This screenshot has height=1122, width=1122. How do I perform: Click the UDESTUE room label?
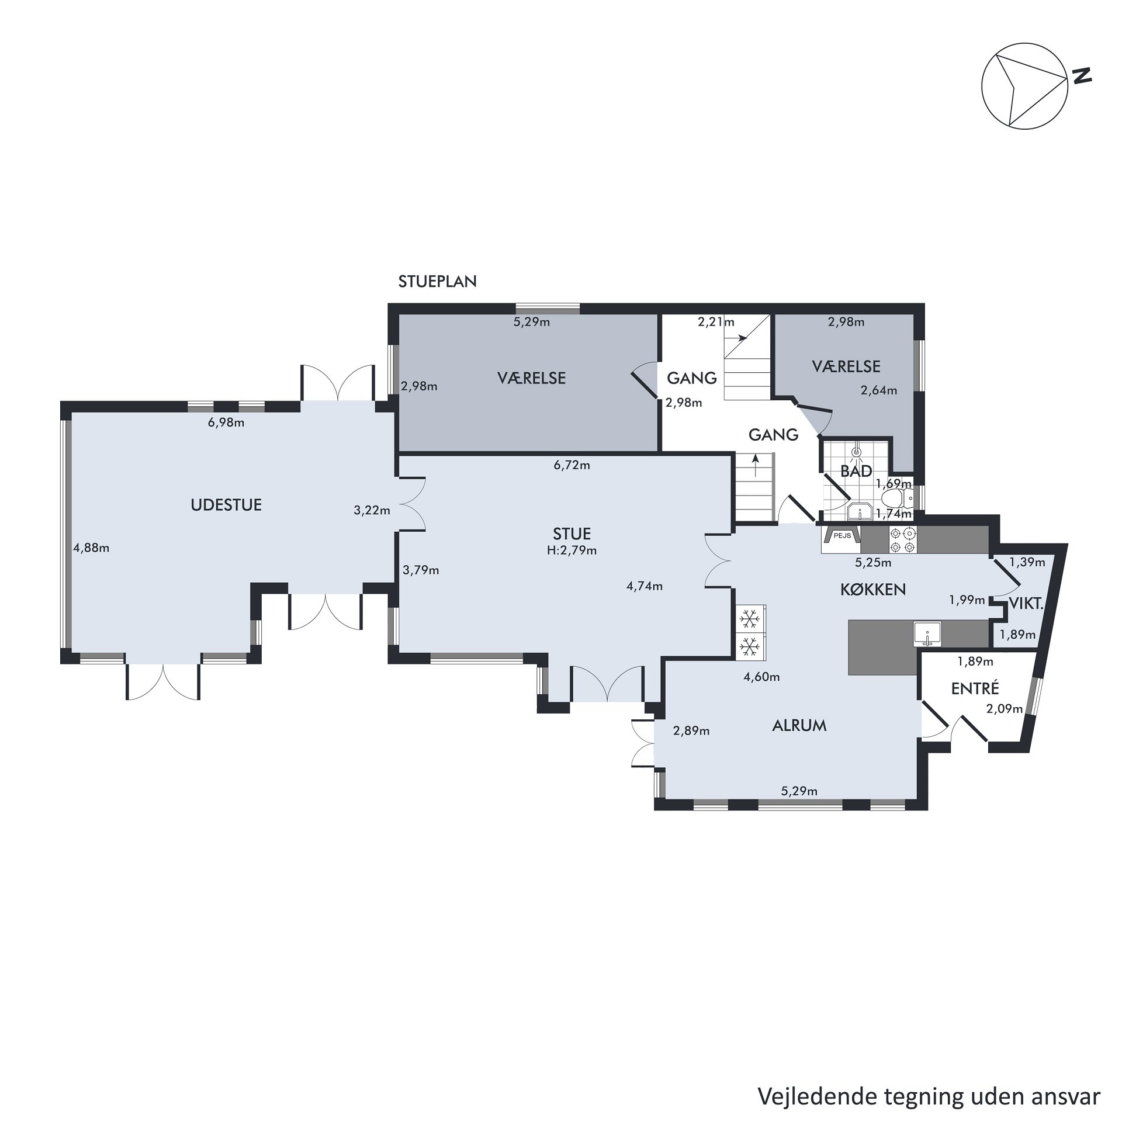click(226, 505)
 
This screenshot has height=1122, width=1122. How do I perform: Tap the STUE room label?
click(572, 534)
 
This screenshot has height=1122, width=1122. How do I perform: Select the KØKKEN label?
click(873, 589)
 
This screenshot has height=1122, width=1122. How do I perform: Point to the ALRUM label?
click(799, 726)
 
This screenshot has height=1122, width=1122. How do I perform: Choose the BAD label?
click(856, 470)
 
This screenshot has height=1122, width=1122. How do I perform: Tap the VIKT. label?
click(1027, 604)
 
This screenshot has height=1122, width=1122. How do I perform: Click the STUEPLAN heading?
click(438, 282)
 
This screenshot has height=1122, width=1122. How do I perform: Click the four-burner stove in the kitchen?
click(903, 540)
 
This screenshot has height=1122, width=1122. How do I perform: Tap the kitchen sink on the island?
click(927, 634)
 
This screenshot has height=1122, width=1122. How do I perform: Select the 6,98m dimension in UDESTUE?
click(226, 423)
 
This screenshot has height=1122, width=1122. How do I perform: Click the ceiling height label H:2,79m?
click(572, 550)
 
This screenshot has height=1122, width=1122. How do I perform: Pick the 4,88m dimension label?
click(91, 548)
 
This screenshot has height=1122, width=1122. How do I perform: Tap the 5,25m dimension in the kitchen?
click(873, 563)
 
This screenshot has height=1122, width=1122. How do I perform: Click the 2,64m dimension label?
click(879, 390)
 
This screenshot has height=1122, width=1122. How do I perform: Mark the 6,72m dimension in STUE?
click(572, 465)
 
